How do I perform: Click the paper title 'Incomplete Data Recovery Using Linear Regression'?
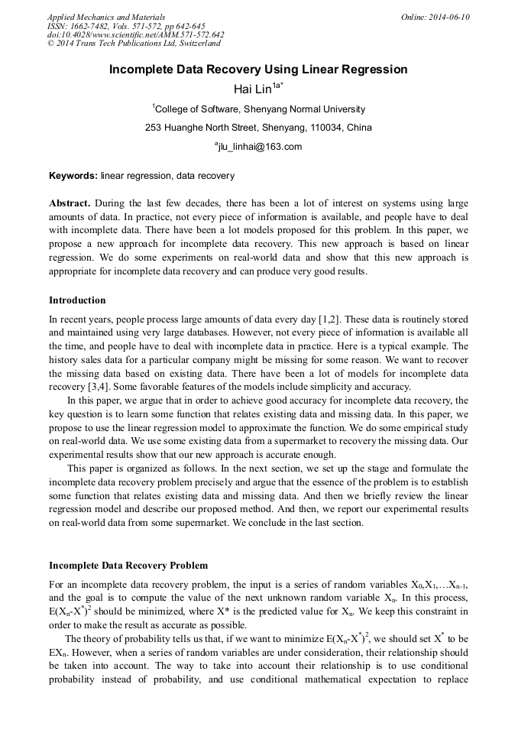tap(258, 70)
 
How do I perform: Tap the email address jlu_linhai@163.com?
tap(259, 147)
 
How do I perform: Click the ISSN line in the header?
tap(126, 26)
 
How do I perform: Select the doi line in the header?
tap(135, 35)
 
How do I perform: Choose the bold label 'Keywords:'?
tap(73, 176)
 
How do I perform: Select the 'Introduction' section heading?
tap(77, 300)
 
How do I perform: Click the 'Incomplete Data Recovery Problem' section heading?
tap(128, 566)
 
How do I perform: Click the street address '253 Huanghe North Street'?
tap(197, 128)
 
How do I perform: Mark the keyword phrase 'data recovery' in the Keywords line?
tap(206, 176)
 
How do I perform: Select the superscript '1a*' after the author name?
tap(278, 86)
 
